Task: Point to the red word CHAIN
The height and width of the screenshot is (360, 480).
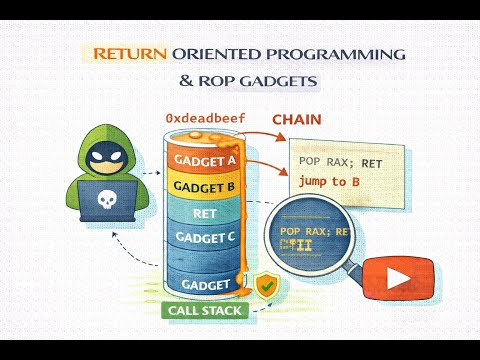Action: click(x=297, y=120)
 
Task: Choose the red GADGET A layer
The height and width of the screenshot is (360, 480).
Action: click(x=204, y=160)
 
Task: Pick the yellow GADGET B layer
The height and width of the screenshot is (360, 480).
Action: click(x=204, y=186)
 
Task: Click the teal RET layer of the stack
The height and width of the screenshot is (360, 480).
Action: click(x=204, y=212)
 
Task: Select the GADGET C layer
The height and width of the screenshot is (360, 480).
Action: click(x=204, y=237)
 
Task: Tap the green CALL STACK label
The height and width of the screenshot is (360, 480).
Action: click(x=204, y=310)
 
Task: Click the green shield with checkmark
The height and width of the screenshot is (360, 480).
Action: click(x=265, y=287)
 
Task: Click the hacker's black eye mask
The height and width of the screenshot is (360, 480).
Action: click(x=105, y=155)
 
